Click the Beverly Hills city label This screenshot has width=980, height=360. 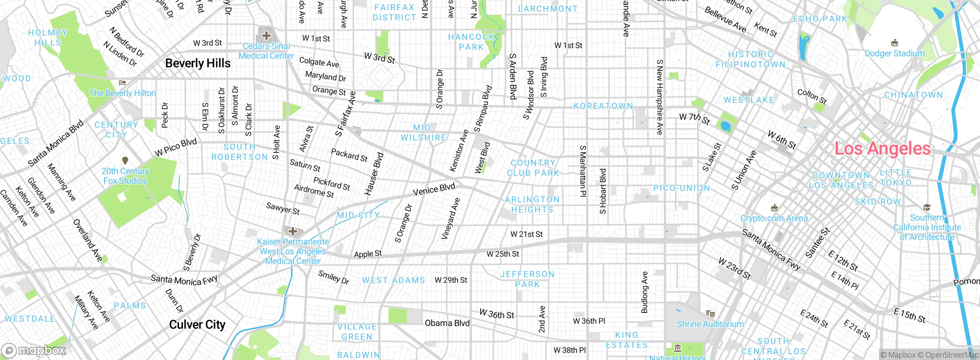click(198, 63)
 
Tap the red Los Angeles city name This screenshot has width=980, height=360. click(882, 149)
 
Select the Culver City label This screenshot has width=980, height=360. click(197, 325)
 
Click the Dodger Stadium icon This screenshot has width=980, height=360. click(895, 43)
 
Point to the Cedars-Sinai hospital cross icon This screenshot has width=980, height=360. click(266, 36)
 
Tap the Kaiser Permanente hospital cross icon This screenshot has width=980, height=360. click(293, 231)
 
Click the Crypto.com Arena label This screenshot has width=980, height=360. click(774, 218)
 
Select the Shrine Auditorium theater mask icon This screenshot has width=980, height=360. click(710, 314)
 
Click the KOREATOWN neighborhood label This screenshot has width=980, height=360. click(603, 106)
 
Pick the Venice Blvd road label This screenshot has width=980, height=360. click(434, 189)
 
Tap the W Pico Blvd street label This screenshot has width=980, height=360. click(176, 147)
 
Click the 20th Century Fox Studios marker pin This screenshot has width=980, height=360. click(125, 160)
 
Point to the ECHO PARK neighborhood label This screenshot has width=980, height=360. click(820, 19)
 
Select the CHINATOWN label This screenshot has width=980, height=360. click(913, 95)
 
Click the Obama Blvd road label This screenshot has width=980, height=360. click(447, 323)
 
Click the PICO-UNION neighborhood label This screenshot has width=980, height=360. click(681, 188)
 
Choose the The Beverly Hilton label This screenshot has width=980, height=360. click(122, 93)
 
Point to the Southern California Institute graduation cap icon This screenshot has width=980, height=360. click(927, 208)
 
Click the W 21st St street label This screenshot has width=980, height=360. click(526, 234)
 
